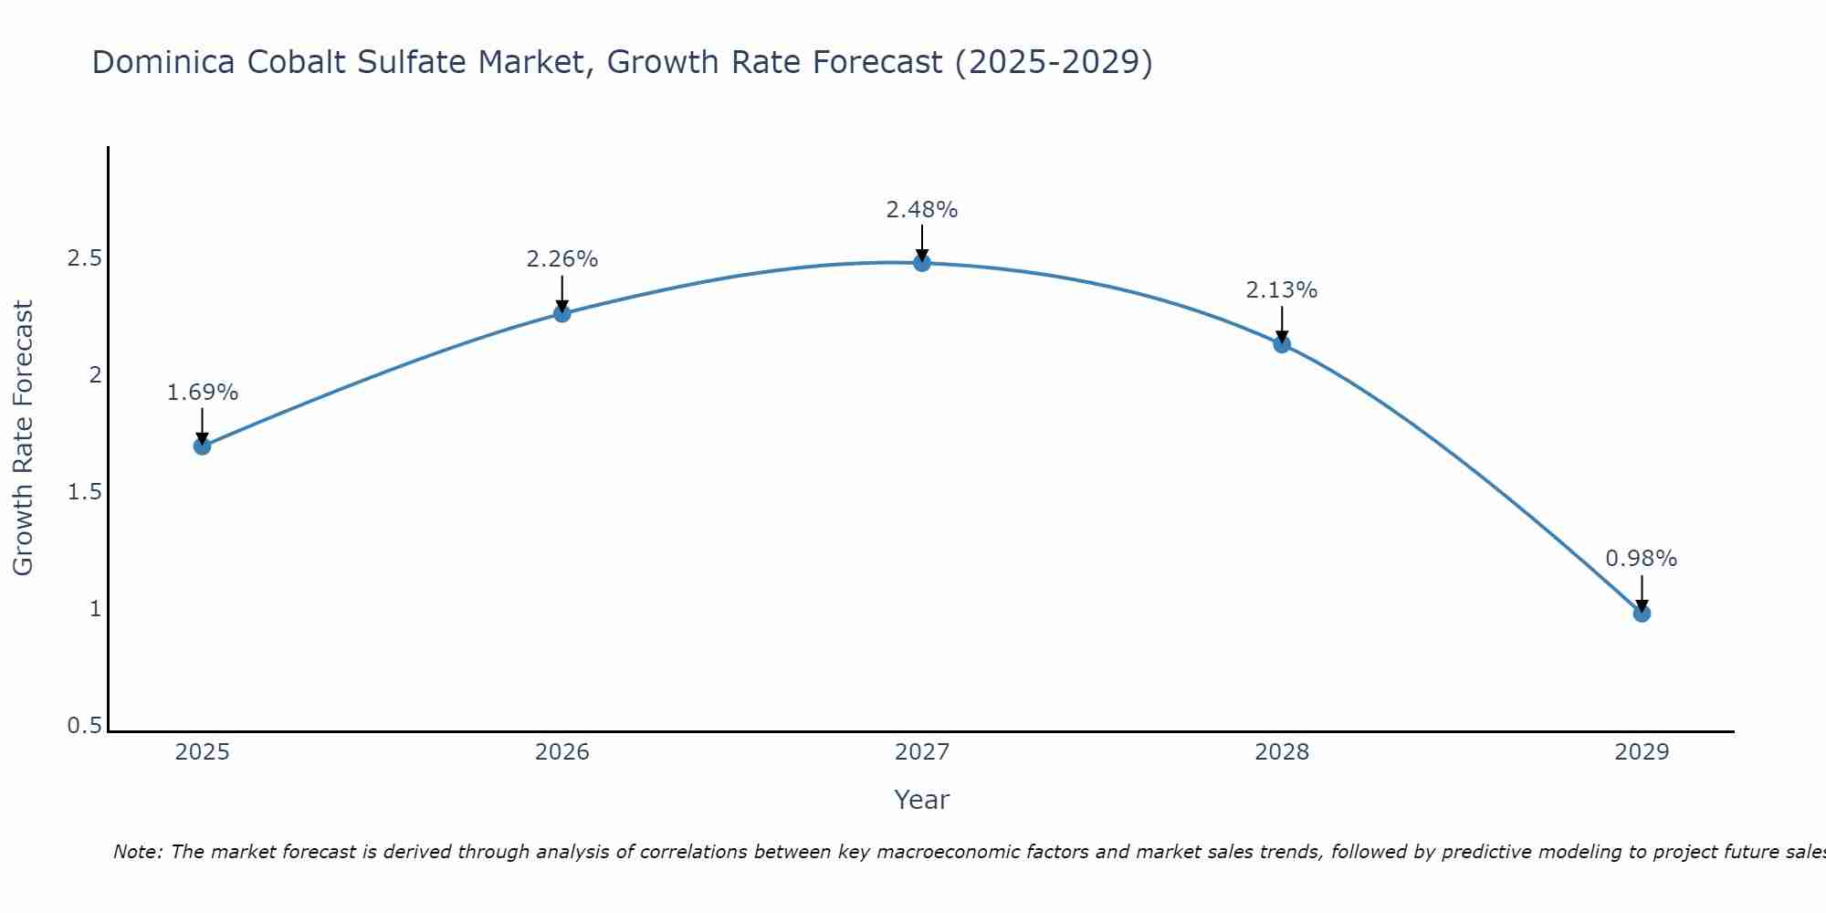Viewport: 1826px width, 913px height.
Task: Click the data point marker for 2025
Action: pos(203,446)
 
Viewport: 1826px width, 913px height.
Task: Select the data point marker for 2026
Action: pos(562,313)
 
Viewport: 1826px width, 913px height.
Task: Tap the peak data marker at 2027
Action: pos(922,263)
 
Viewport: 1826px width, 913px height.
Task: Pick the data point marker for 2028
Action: pos(1282,344)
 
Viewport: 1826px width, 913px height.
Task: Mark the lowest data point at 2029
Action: pos(1642,614)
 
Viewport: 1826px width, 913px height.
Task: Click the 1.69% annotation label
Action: pos(203,393)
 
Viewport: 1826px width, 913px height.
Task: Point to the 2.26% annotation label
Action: pos(562,259)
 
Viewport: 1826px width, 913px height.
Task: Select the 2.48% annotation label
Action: pos(922,210)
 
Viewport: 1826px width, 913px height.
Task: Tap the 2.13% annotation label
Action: pos(1282,290)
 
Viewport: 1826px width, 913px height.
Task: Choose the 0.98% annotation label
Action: pos(1642,559)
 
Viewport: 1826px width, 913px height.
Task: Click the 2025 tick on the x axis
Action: pos(203,752)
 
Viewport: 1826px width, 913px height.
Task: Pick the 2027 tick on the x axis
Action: pos(922,752)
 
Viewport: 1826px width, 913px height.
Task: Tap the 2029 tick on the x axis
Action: pos(1642,752)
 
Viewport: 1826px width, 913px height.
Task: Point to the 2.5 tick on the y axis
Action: pos(84,258)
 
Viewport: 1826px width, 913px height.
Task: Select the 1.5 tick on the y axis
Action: pos(84,492)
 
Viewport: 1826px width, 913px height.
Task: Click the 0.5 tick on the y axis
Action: pos(84,726)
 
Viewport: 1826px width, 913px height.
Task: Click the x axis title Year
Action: pos(922,800)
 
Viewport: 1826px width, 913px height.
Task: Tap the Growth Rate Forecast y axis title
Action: pos(24,438)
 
